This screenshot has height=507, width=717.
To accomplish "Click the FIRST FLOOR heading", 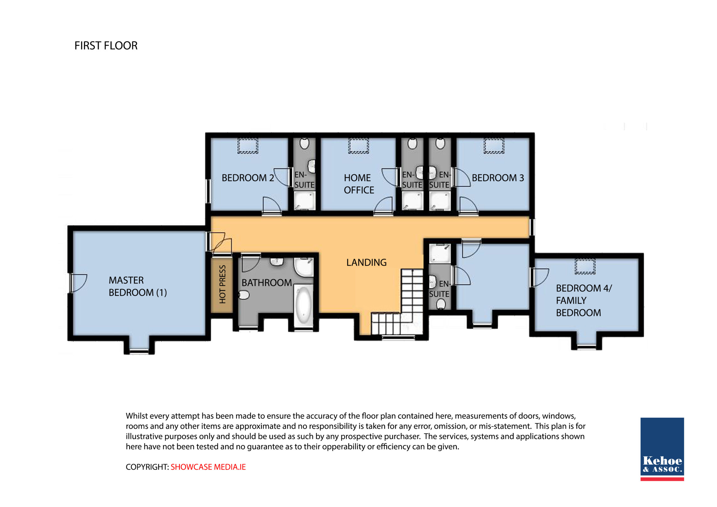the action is [106, 46].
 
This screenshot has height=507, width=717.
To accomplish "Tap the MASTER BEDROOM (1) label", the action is [138, 286].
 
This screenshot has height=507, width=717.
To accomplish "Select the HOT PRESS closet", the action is [222, 285].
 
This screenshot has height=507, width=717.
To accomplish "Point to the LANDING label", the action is [366, 262].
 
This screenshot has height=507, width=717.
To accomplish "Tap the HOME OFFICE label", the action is [359, 184].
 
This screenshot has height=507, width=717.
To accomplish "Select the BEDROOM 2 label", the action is [248, 178].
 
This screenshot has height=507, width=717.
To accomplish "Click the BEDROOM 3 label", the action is [498, 178].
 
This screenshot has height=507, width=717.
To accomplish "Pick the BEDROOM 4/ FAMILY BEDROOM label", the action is [584, 300].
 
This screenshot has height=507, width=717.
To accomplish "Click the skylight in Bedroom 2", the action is [248, 146].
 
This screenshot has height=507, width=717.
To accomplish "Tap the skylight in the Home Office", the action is [358, 146].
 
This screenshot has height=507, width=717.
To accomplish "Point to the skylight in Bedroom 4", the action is [585, 266].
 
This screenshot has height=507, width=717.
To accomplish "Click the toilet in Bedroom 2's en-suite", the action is [304, 143].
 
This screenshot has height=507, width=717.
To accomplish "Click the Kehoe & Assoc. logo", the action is [662, 449].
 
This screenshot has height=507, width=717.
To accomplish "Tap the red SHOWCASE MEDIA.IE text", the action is [208, 467].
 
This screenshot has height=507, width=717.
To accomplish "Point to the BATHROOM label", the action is [267, 283].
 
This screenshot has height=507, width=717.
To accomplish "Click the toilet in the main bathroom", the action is [244, 295].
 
